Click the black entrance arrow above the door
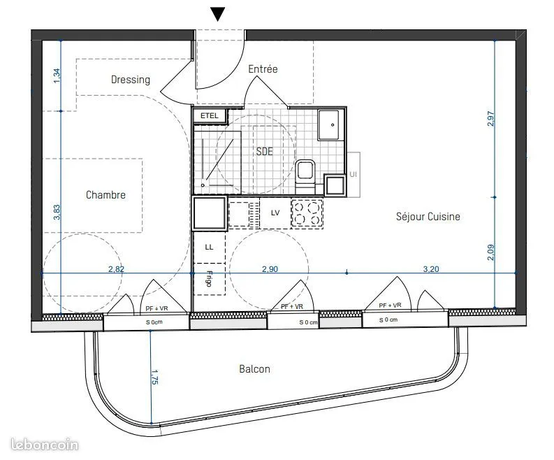(x=218, y=14)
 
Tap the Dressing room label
(x=131, y=80)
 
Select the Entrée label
(x=263, y=69)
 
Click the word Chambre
(x=105, y=195)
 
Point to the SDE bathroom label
(x=265, y=151)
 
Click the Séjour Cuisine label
(x=428, y=217)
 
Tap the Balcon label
(x=254, y=369)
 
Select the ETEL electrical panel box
(x=210, y=115)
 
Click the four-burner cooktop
(x=307, y=213)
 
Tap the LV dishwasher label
(x=275, y=213)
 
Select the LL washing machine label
(x=209, y=247)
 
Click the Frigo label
(x=209, y=279)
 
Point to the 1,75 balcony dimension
(x=154, y=377)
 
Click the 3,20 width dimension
(x=431, y=269)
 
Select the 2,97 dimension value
(x=490, y=119)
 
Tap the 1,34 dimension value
(x=57, y=76)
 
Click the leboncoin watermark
(x=45, y=445)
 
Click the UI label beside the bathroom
(x=353, y=174)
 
